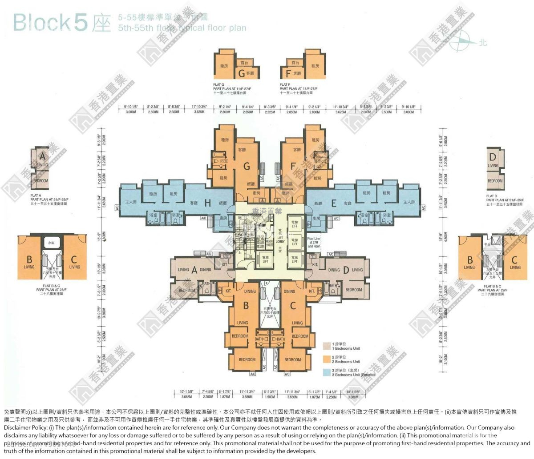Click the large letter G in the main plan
[x=246, y=166]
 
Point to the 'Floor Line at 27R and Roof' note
[x=314, y=242]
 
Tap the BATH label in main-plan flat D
[x=332, y=285]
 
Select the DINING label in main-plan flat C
[x=289, y=291]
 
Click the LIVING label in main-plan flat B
[x=242, y=323]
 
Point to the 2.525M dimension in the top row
[x=271, y=113]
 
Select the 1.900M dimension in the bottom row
[x=270, y=397]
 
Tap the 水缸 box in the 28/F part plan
[x=49, y=243]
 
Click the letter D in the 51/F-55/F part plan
[x=492, y=157]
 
